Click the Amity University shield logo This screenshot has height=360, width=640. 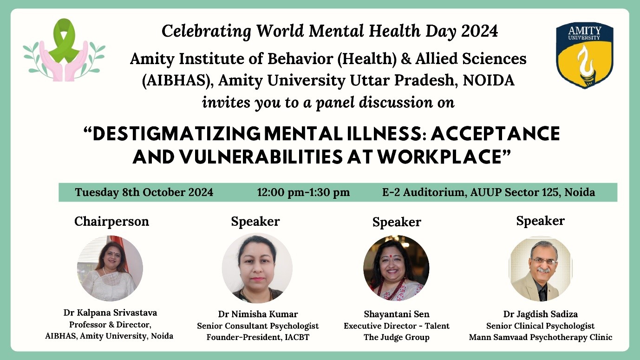coord(585,55)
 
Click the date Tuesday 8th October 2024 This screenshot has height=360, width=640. coord(144,192)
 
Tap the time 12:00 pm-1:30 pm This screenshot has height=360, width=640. coord(303,192)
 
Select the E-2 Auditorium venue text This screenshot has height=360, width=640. coord(489,192)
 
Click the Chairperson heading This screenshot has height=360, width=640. coord(112,222)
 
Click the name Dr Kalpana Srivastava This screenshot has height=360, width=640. coord(110,313)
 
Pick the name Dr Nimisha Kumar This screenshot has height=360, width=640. coord(258,314)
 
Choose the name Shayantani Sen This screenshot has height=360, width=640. coord(397,314)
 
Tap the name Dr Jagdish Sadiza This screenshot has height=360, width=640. coord(541,314)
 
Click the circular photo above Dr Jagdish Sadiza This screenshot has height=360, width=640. coord(541,268)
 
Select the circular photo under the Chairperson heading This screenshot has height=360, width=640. coord(110,268)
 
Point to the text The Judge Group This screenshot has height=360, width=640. coord(397,337)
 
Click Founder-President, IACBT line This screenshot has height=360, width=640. coord(258,337)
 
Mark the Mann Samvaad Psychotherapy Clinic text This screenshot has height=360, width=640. coord(541,337)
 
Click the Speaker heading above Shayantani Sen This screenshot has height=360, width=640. coord(397,222)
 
